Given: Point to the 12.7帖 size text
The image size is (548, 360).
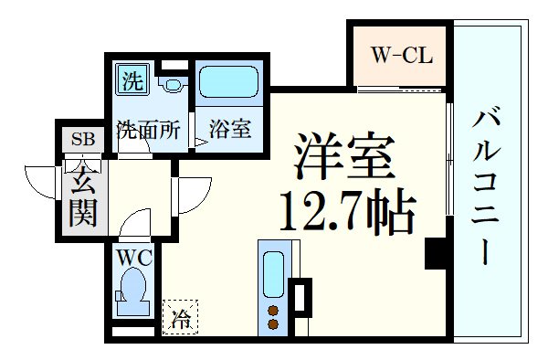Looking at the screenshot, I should [346, 214].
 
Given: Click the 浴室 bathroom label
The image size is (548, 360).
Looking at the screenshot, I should [229, 130].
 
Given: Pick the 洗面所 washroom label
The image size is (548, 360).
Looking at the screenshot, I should [148, 130].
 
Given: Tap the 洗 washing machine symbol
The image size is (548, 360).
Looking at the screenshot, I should [132, 80].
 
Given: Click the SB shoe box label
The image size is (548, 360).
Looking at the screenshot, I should [83, 140].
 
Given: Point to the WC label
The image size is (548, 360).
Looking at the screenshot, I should [132, 257].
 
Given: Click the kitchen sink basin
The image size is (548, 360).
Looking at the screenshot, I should [272, 270].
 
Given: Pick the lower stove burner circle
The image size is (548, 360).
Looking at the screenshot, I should [271, 323].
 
